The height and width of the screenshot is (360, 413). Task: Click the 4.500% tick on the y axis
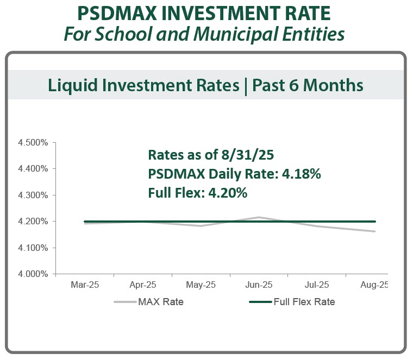click(35, 143)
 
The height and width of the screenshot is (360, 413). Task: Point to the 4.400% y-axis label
click(35, 169)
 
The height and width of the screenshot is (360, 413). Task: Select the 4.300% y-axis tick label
click(35, 195)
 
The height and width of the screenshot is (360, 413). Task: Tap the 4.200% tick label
click(35, 222)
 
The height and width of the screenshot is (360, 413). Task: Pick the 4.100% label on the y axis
click(35, 248)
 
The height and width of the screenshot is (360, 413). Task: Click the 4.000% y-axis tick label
click(35, 274)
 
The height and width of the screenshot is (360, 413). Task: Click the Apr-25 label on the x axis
click(143, 285)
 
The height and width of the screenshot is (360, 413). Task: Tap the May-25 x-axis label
click(201, 285)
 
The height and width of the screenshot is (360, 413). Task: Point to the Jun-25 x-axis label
click(259, 285)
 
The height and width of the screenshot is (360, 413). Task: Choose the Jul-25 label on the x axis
click(316, 285)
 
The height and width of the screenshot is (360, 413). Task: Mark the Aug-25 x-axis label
click(374, 285)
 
